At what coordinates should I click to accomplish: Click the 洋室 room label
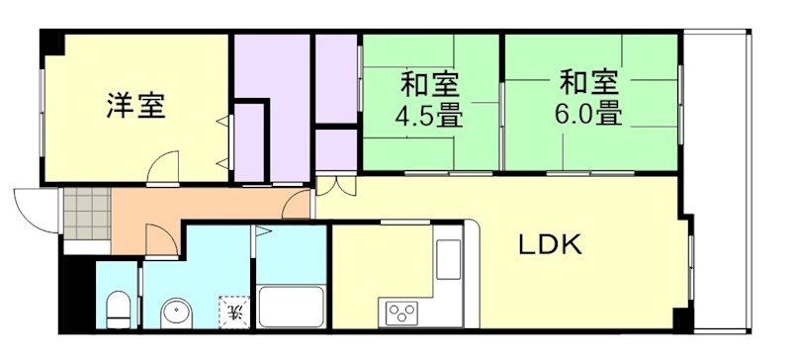pos(134,105)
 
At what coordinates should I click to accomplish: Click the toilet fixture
pos(116,309)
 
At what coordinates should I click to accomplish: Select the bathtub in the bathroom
pos(291,307)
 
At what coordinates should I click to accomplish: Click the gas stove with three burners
pos(400,313)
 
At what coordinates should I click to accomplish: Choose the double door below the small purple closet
pos(332,184)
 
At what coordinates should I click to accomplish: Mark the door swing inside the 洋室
pos(162,167)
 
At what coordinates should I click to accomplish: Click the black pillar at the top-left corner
pos(52,44)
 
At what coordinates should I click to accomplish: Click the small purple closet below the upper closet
pos(336,150)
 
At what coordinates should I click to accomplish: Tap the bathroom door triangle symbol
pos(262,233)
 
